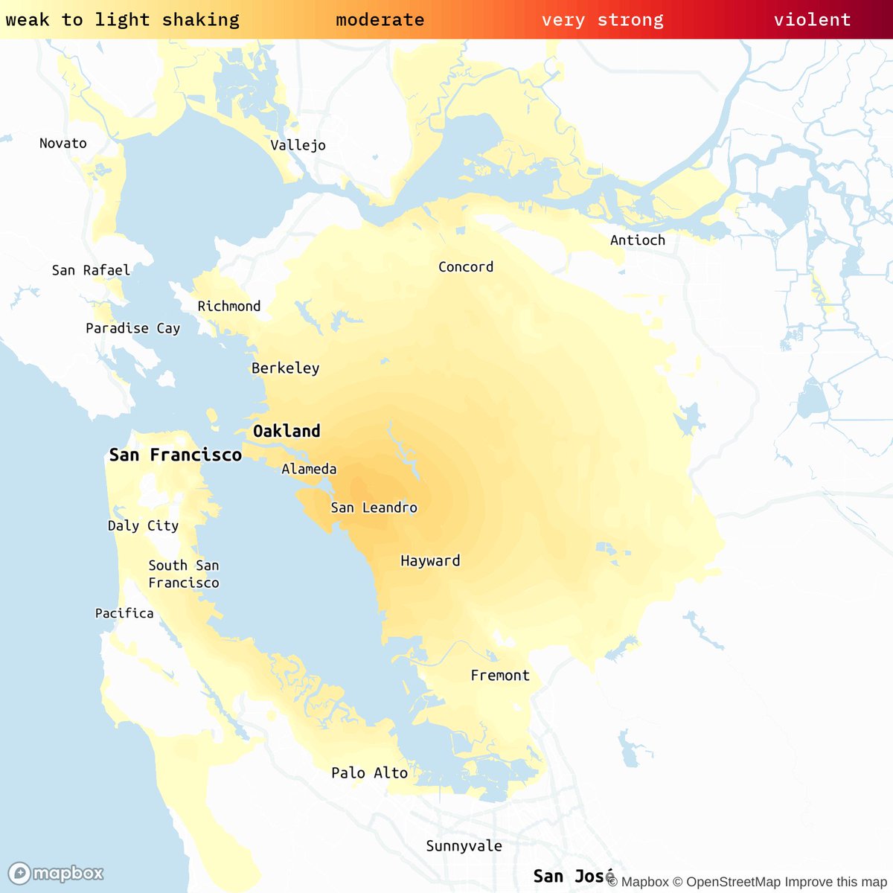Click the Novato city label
63,143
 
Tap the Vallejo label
298,145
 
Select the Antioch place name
637,240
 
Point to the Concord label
466,266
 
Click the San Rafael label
91,270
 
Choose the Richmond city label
229,306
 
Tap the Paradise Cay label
132,328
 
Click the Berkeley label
285,368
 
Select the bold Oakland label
287,431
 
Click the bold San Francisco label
176,455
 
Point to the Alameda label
309,469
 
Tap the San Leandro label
374,508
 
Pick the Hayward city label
430,560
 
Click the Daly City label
143,525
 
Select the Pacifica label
124,613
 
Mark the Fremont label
500,675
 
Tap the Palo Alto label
369,772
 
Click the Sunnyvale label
464,845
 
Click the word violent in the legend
812,19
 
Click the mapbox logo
56,873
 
